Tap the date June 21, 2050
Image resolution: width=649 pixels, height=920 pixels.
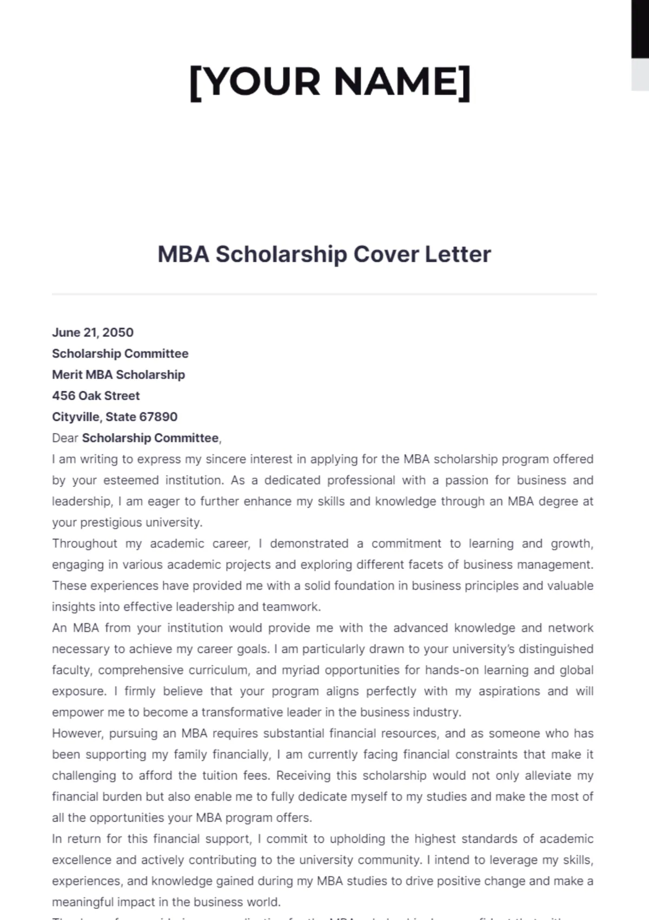(x=92, y=333)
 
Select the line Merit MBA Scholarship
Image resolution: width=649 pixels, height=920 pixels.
(x=118, y=375)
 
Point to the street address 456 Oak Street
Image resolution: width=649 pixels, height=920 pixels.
(x=96, y=396)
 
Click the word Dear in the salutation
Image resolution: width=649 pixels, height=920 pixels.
(x=65, y=438)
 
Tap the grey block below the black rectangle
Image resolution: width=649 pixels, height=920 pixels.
(x=640, y=74)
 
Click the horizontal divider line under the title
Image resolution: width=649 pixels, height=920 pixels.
(x=325, y=294)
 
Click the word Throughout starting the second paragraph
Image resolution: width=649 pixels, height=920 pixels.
(x=84, y=544)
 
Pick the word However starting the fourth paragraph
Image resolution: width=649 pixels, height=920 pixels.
(x=77, y=733)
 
